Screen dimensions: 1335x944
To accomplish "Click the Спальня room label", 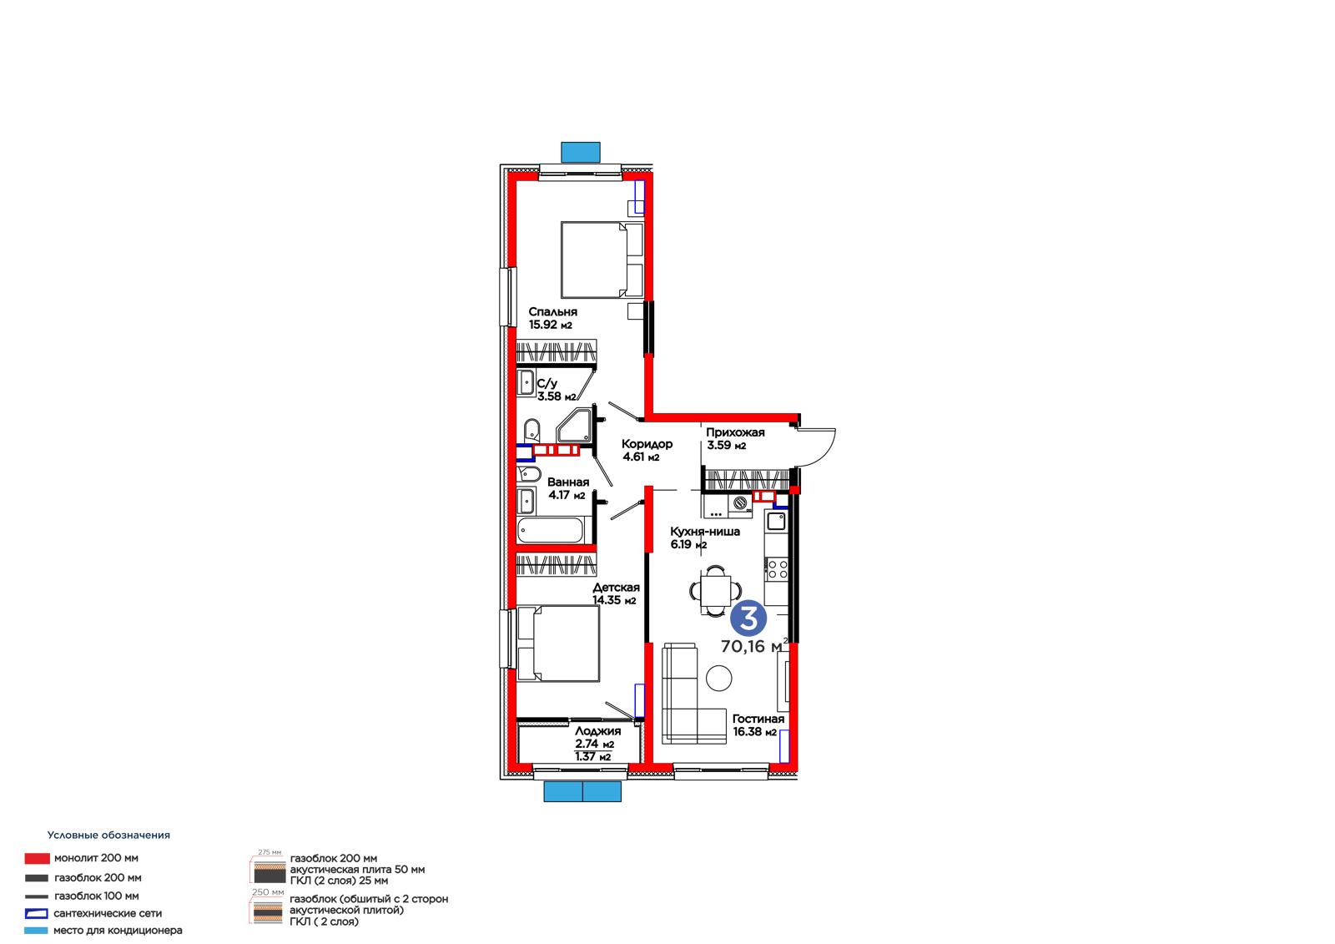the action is click(x=552, y=311).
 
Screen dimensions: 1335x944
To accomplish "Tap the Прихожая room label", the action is click(x=735, y=432).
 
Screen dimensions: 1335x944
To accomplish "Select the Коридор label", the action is click(x=647, y=444).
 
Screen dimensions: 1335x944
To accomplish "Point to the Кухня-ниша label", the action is click(x=705, y=532).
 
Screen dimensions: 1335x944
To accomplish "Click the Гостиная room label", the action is click(x=758, y=719).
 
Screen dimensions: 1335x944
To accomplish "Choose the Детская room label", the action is click(x=616, y=588).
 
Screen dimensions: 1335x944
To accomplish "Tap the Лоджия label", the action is click(x=597, y=730).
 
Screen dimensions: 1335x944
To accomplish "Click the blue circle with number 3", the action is click(x=748, y=618).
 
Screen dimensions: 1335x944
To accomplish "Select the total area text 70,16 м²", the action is click(x=754, y=646).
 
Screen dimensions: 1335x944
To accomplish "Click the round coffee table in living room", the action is click(x=718, y=678).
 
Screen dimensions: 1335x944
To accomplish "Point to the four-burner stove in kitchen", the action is click(x=777, y=569).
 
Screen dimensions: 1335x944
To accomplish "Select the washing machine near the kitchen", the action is click(x=740, y=504).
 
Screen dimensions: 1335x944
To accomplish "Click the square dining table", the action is click(x=715, y=590).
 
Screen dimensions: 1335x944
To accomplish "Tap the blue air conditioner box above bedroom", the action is click(x=581, y=152).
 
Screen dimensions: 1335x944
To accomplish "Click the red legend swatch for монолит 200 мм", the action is click(x=37, y=859).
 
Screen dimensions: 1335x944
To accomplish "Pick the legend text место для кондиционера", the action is click(x=118, y=931).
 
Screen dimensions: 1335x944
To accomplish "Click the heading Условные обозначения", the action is click(x=108, y=835).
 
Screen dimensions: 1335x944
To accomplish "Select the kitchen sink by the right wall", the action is click(x=777, y=521).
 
